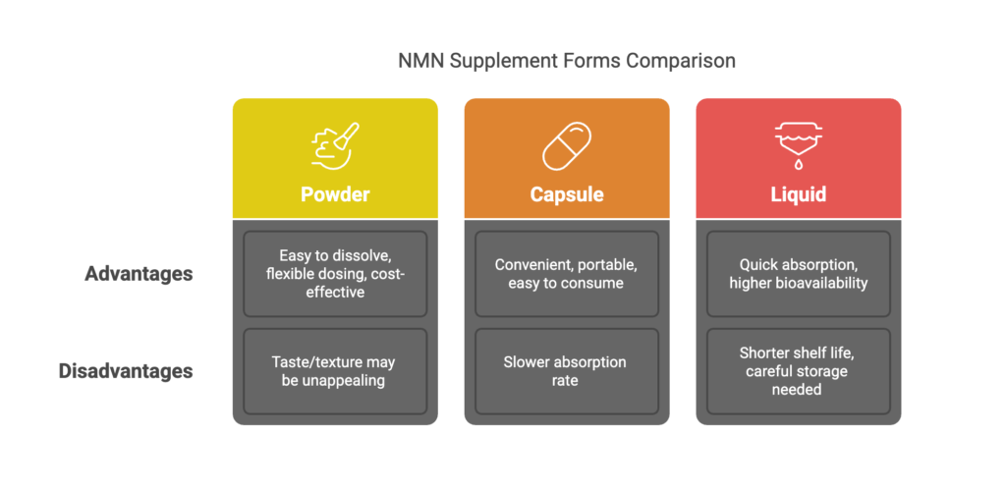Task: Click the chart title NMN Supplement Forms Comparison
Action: coord(567,61)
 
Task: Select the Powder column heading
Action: coord(335,194)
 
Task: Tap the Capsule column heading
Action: coord(567,194)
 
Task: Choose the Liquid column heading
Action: coord(798,194)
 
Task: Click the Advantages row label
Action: coord(139,274)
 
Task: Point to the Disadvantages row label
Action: coord(126,372)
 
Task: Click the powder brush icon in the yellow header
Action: coord(335,146)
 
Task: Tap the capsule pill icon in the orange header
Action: coord(567,146)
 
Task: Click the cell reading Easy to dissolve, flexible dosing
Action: coord(335,274)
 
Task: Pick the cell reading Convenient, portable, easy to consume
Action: coord(567,274)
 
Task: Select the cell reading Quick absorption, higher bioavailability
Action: coord(798,274)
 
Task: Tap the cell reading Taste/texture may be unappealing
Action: coord(335,372)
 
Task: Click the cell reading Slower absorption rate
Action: coord(567,372)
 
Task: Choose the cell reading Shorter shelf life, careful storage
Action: coord(798,372)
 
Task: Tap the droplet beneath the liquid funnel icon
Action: coord(798,165)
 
